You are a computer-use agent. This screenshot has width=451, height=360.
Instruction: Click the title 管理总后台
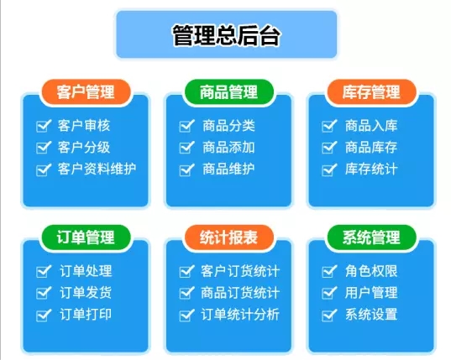(226, 35)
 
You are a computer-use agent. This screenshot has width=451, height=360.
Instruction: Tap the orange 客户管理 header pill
(86, 92)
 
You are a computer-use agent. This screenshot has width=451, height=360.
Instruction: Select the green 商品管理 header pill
(228, 92)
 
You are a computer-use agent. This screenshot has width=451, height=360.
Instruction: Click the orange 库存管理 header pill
(371, 92)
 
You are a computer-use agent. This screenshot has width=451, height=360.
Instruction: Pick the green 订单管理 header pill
(86, 237)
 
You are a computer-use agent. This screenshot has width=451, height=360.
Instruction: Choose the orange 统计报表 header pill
(228, 237)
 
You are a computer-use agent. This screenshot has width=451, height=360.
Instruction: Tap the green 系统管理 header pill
(371, 237)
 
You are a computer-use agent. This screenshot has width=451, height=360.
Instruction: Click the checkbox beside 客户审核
(44, 126)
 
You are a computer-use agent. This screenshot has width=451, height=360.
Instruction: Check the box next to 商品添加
(186, 148)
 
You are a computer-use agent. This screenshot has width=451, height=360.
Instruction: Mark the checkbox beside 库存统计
(329, 170)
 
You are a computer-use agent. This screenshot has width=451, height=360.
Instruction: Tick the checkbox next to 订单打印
(44, 315)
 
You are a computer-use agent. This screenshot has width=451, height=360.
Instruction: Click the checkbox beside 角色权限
(329, 271)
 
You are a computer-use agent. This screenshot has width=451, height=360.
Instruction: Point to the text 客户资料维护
(97, 169)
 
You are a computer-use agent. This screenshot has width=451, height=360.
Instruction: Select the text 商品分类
(228, 126)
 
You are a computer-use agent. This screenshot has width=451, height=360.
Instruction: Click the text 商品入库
(371, 126)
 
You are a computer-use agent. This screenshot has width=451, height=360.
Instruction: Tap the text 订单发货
(86, 293)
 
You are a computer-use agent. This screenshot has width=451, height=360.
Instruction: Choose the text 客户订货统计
(240, 271)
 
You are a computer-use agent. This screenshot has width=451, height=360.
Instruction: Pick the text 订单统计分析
(240, 315)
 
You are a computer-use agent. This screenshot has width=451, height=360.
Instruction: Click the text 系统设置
(371, 315)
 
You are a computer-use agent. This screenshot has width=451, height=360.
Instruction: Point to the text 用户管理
(371, 293)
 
